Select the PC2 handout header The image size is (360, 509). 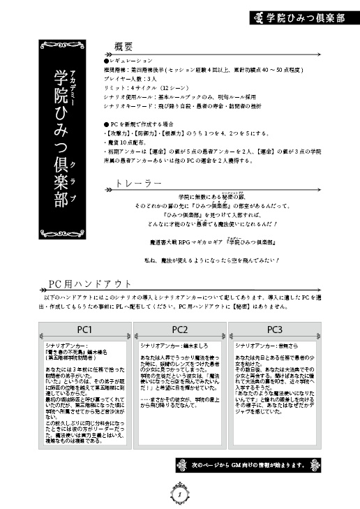[179, 329]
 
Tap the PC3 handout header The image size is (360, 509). [273, 329]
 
